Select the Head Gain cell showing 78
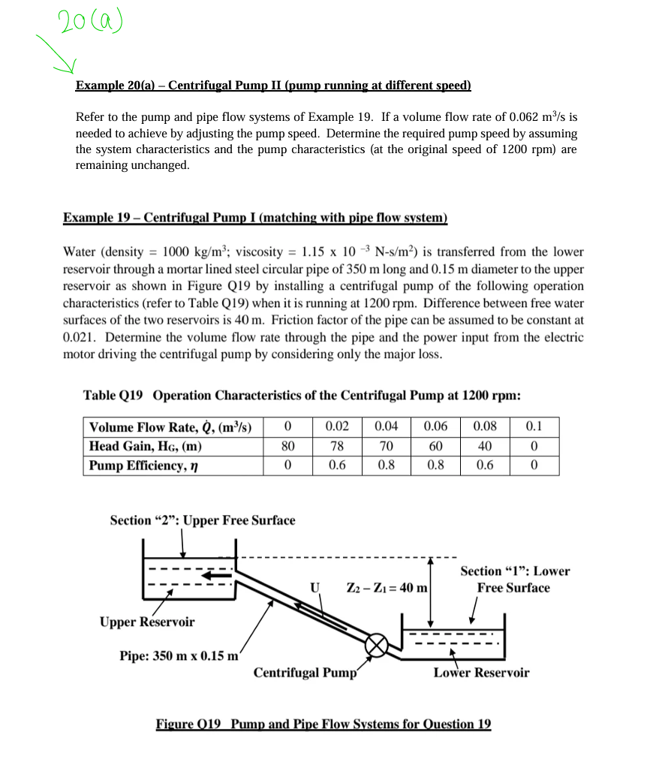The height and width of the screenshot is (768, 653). click(x=337, y=446)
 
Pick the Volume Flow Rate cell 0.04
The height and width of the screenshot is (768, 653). click(x=386, y=427)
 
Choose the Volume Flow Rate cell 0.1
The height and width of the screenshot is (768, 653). click(x=534, y=427)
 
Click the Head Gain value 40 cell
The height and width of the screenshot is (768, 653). click(x=484, y=446)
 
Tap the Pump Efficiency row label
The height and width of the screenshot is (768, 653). click(x=137, y=465)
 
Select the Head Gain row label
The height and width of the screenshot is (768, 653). click(x=145, y=446)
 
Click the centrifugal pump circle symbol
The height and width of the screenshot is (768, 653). click(x=378, y=643)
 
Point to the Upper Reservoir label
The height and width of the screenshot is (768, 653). click(x=147, y=622)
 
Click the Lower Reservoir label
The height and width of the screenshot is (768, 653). click(x=480, y=673)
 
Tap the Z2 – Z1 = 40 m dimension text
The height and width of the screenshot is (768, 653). click(x=386, y=587)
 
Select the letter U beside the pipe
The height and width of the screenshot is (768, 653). click(x=315, y=586)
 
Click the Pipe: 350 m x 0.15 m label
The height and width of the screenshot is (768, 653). click(x=179, y=655)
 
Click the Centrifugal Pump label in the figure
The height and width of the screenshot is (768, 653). click(x=304, y=673)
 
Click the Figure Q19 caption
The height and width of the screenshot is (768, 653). click(x=323, y=724)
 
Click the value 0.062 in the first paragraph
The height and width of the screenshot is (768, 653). click(x=525, y=118)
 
